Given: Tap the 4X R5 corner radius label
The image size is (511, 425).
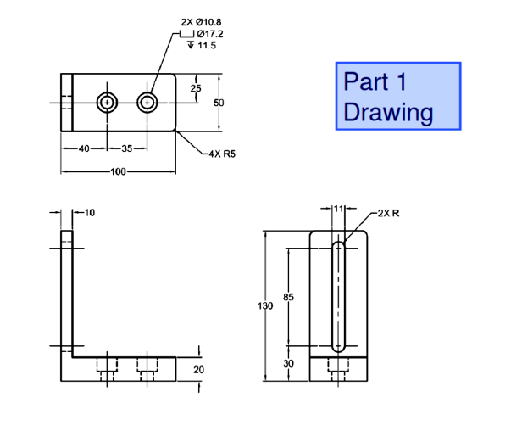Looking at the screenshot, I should coord(221,154).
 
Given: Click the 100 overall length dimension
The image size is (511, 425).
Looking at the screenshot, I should coord(118,172).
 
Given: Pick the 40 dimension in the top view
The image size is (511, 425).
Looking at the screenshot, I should coord(84,148).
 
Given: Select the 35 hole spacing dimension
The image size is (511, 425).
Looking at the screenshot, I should coord(126,148).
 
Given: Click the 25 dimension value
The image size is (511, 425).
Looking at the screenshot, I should coord(196,88).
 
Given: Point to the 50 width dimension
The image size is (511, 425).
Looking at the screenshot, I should coord(219,103).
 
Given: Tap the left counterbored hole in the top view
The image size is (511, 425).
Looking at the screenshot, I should coord(107,103).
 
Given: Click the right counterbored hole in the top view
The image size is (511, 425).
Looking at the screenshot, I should coord(148,103).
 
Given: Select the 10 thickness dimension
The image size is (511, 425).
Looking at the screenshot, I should coord(90,211).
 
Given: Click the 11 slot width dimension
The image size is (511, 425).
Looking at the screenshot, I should coord(339,208).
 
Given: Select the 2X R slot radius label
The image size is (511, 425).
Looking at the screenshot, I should coord(388,212).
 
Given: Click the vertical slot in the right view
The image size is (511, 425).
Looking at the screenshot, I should coord(338,296).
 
